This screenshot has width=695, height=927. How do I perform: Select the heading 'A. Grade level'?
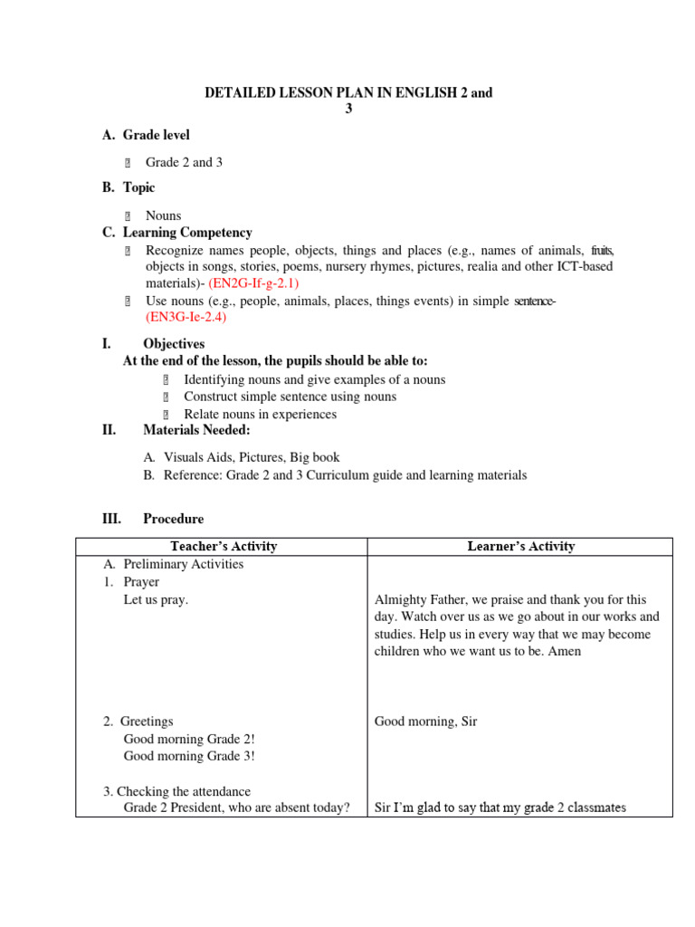coord(146,135)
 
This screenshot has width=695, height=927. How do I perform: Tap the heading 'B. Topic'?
coord(128,187)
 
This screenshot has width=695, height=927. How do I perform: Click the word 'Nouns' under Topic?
coord(163,215)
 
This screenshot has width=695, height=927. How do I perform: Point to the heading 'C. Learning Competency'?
coord(177,233)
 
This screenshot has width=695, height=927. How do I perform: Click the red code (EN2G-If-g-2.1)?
coord(253,282)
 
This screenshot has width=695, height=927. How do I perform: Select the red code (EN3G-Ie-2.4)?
coord(186,318)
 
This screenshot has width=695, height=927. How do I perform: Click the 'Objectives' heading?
coord(174,344)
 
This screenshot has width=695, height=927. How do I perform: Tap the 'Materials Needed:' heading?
coord(196,430)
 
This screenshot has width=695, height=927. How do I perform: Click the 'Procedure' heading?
coord(173,519)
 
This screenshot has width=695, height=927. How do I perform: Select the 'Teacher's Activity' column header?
coord(224,546)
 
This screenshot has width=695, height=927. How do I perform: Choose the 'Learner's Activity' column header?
coord(520,546)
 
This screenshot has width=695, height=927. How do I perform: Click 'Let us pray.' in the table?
coord(156,599)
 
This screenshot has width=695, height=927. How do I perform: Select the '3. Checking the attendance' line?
coord(176,791)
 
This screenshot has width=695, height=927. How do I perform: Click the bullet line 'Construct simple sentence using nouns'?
coord(290,397)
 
